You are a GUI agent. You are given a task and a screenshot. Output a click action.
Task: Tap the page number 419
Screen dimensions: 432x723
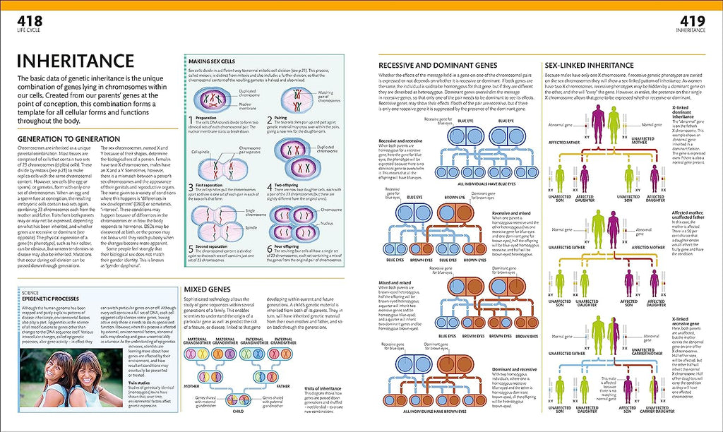[x=695, y=22]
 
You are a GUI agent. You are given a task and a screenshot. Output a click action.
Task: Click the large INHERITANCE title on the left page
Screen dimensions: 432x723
[x=76, y=61]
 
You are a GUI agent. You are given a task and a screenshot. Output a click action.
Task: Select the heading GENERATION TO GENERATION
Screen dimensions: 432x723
[x=68, y=139]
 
